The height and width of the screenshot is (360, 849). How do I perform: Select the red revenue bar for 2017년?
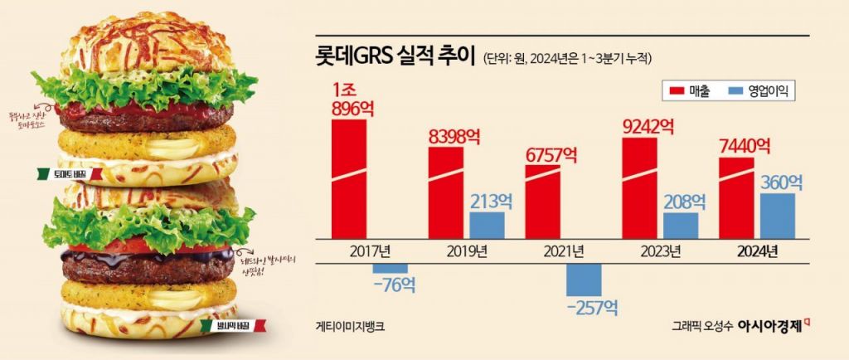click(x=348, y=179)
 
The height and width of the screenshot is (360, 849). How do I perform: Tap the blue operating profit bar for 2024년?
click(x=778, y=216)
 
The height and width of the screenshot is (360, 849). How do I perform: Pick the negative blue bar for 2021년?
click(x=584, y=279)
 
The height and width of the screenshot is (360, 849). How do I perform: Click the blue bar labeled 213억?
click(x=487, y=225)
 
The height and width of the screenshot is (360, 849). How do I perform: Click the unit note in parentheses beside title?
click(x=567, y=59)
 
